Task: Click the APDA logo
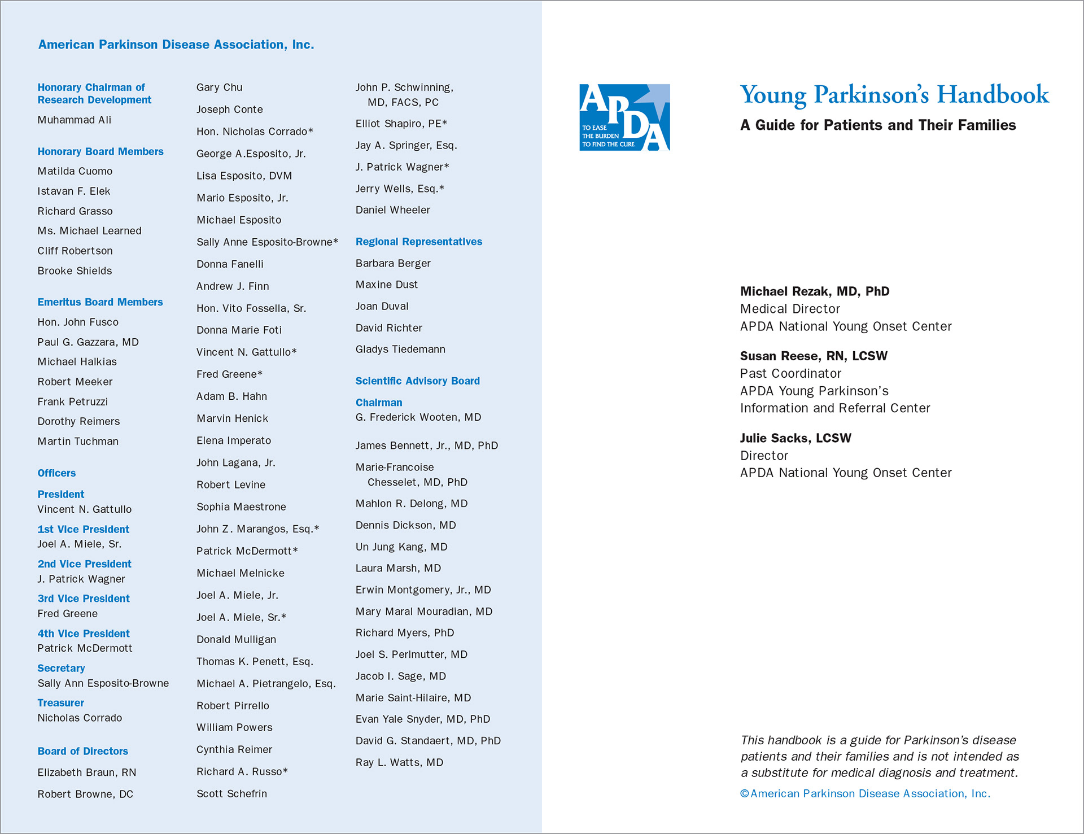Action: tap(624, 117)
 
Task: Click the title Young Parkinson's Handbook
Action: tap(894, 95)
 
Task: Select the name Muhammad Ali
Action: tap(75, 120)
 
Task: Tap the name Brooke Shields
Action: tap(75, 271)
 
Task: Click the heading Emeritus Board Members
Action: tap(100, 302)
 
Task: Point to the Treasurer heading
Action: tap(60, 703)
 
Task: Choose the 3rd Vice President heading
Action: tap(84, 599)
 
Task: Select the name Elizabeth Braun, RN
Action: tap(87, 772)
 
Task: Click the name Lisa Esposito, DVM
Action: tap(244, 176)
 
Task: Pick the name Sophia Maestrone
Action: tap(241, 507)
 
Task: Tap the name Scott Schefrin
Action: tap(231, 794)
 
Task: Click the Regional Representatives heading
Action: tap(418, 242)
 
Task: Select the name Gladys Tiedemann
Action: tap(400, 350)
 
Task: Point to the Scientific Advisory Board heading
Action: tap(417, 381)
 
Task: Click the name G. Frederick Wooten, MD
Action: tap(418, 417)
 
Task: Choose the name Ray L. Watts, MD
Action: tap(399, 762)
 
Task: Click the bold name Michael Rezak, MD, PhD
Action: tap(814, 291)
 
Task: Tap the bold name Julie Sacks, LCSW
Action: tap(795, 438)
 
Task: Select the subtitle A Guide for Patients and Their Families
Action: tap(877, 125)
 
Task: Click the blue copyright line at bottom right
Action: tap(865, 794)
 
